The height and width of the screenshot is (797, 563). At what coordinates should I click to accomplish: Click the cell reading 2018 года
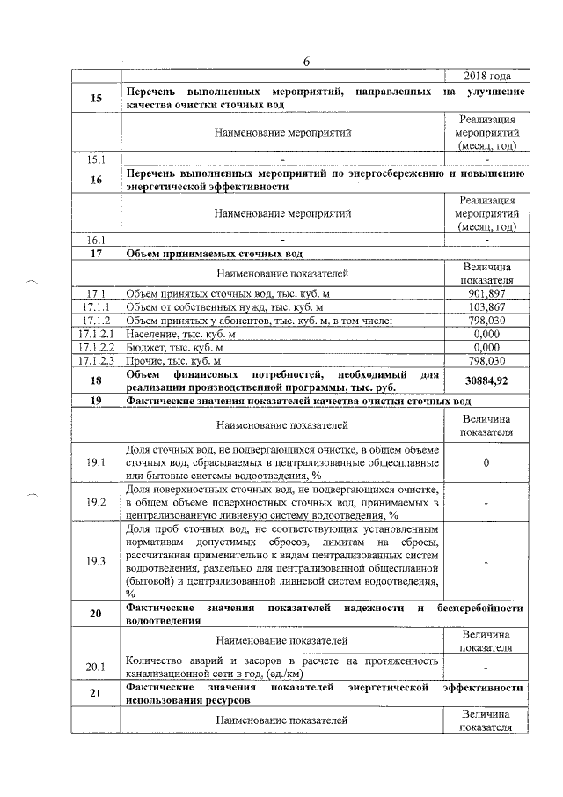coord(486,76)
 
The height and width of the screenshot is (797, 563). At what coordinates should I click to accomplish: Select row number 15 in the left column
coord(97,99)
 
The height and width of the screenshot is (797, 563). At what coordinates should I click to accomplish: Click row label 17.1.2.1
coord(97,334)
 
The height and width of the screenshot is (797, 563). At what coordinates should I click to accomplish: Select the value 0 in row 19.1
coord(486,462)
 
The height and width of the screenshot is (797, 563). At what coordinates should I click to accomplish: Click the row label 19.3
coord(97,561)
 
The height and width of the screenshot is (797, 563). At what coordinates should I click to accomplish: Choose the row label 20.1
coord(97,667)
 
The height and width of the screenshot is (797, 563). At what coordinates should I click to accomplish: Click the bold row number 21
coord(97,693)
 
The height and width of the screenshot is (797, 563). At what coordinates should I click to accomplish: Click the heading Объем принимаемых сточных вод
coord(215,254)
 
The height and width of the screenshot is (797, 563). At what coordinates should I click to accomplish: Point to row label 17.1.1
coord(97,306)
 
